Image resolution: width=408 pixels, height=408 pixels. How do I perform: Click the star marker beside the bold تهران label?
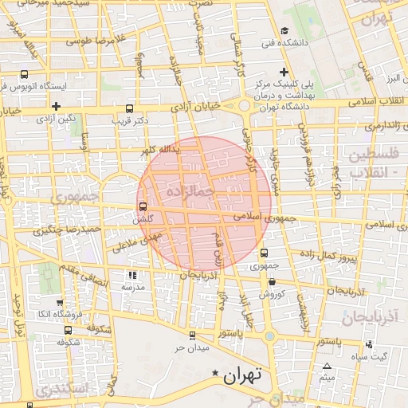(x=214, y=374)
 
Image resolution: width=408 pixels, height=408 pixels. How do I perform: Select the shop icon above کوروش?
(x=273, y=281)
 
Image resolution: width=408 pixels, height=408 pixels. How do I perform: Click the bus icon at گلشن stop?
(x=143, y=208)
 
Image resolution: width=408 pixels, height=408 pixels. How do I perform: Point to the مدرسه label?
(x=131, y=285)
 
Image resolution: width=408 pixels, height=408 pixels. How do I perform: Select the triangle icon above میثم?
(x=326, y=366)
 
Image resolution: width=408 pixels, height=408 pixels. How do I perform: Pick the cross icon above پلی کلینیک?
(x=284, y=72)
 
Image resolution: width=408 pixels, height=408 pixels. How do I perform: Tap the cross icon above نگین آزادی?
(x=56, y=106)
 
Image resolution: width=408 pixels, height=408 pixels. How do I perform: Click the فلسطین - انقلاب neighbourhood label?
(x=376, y=163)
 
